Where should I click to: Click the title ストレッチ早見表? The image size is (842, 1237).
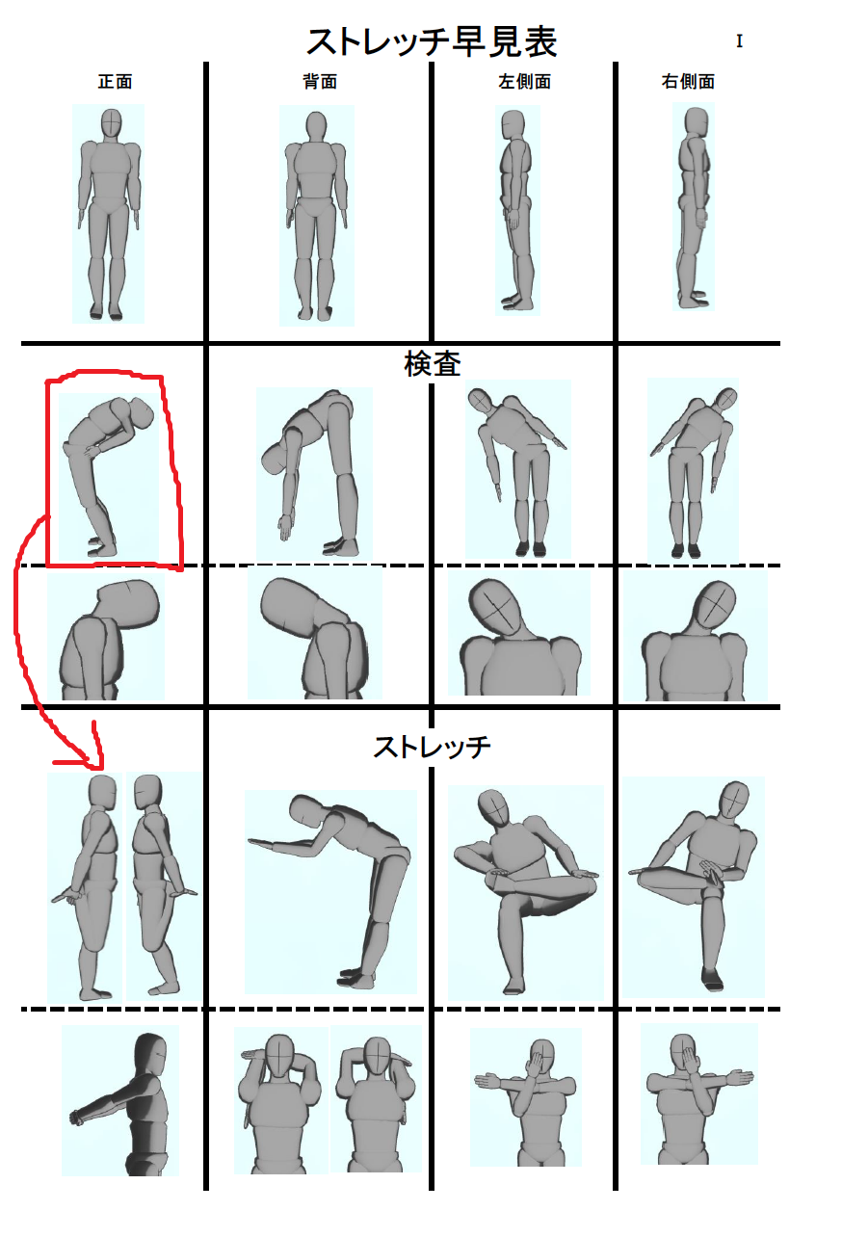(432, 42)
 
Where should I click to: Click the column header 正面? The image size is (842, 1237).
(116, 82)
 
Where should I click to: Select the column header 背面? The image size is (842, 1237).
(320, 82)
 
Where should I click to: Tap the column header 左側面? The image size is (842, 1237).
(524, 82)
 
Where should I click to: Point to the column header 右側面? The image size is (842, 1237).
(688, 82)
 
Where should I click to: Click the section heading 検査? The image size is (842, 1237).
(433, 364)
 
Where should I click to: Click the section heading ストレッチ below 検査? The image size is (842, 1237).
(432, 747)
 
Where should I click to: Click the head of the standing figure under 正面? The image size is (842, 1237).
(111, 123)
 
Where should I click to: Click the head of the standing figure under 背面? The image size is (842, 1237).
(316, 127)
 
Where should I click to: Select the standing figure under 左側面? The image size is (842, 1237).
(516, 210)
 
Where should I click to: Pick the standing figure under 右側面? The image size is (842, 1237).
(694, 208)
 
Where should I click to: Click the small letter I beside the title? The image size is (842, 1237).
(739, 40)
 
